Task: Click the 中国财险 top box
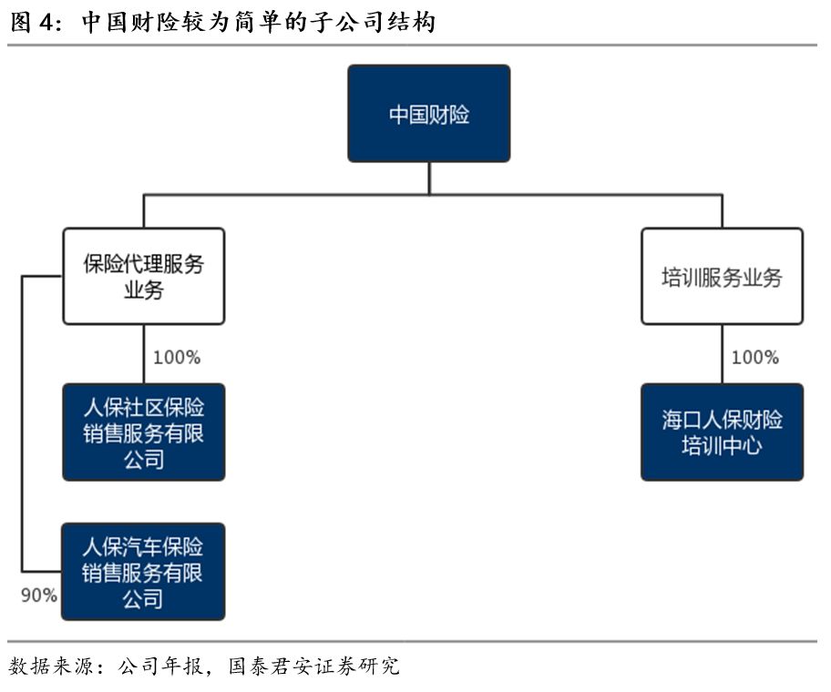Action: (428, 114)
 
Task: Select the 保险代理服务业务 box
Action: (143, 277)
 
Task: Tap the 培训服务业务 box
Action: (722, 277)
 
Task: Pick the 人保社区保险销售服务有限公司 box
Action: (143, 432)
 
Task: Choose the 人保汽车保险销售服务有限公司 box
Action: (143, 572)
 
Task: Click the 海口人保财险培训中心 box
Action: (722, 432)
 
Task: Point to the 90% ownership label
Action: (39, 595)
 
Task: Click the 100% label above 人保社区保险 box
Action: (176, 357)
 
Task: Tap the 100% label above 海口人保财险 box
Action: (754, 357)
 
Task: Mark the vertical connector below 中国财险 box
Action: (428, 178)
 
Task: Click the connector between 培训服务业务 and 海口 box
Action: (722, 353)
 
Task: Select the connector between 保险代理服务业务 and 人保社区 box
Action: (143, 353)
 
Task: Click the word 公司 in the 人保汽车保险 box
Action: (143, 598)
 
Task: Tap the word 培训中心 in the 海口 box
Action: (722, 446)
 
